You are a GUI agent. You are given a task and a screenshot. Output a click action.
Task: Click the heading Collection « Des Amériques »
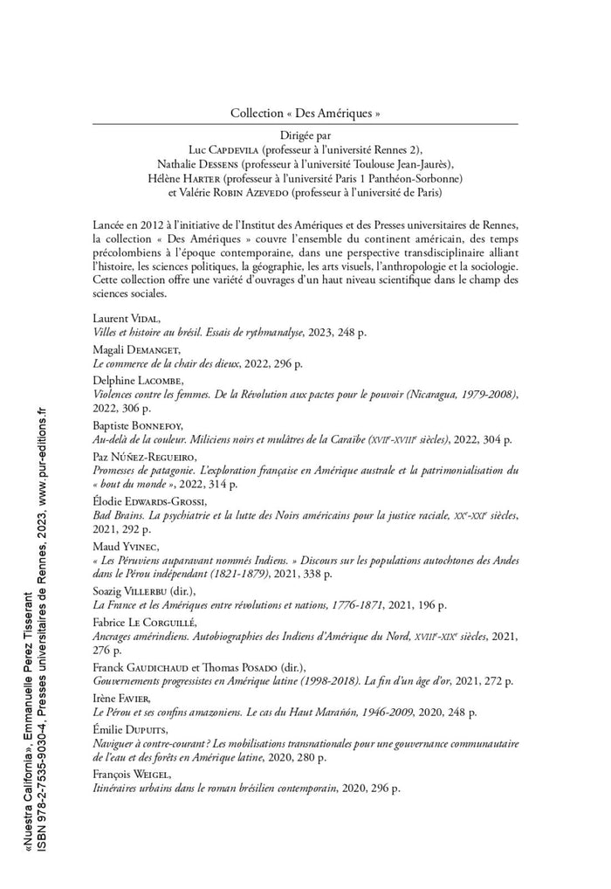pos(305,114)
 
